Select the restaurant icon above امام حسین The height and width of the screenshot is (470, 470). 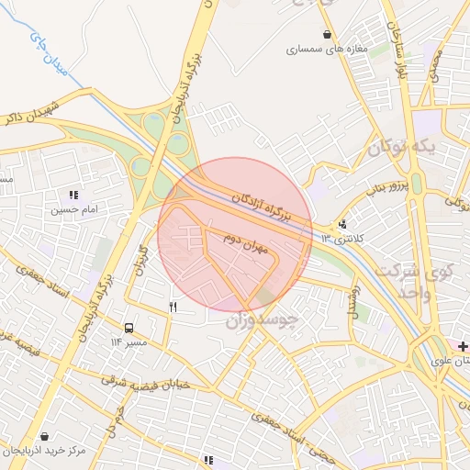pos(73,195)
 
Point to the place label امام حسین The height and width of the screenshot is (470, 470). pos(73,210)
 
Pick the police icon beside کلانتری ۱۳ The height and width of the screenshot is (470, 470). pos(343,223)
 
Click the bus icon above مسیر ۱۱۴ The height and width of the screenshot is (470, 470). pos(129,327)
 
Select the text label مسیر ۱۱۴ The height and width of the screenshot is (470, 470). pos(129,341)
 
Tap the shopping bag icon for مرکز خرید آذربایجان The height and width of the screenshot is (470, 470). pos(43,436)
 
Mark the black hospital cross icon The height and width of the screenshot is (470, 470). pos(463,346)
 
